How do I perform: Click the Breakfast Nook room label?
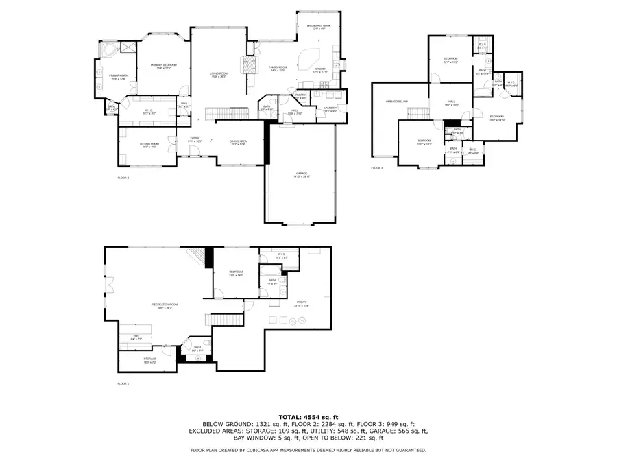319,27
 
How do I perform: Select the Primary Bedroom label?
158,66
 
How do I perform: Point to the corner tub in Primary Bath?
108,52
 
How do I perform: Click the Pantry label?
300,95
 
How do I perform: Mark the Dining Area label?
238,142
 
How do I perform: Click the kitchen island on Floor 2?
313,56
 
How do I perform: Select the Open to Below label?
396,102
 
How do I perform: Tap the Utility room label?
302,302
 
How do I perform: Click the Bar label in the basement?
136,336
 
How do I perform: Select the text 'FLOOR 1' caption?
123,383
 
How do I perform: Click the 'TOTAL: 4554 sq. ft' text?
308,417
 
